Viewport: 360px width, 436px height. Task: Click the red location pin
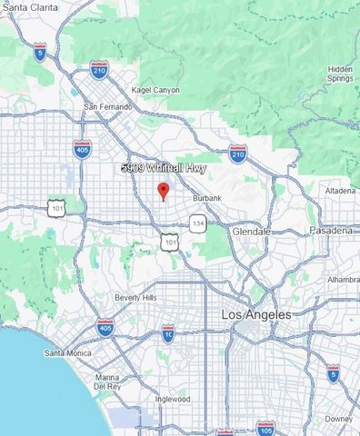[163, 191]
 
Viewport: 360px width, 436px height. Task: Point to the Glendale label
[251, 232]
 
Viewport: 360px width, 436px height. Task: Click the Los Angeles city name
[256, 314]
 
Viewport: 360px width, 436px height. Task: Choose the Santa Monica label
[67, 352]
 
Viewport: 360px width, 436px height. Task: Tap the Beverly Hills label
[135, 298]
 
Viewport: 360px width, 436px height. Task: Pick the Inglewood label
[172, 399]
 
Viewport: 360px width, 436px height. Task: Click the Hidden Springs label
[340, 74]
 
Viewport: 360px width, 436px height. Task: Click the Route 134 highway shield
[197, 222]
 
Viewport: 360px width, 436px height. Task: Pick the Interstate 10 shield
[168, 333]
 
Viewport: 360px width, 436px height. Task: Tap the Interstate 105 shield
[265, 427]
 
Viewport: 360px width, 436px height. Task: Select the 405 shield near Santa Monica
[105, 328]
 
